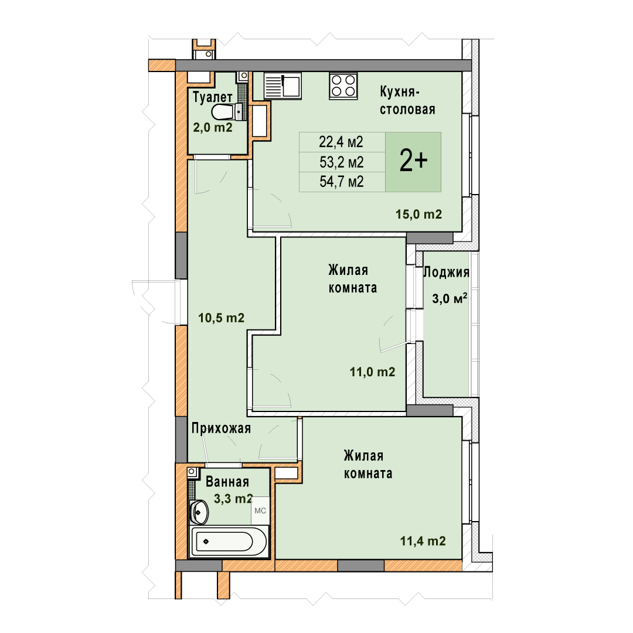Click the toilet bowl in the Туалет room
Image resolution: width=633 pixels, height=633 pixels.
click(x=226, y=112)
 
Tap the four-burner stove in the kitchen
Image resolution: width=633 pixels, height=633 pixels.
click(x=343, y=86)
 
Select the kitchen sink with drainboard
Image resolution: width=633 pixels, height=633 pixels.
click(x=283, y=86)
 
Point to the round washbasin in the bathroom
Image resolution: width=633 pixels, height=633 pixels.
click(x=199, y=512)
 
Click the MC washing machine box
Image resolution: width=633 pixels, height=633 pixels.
click(x=260, y=511)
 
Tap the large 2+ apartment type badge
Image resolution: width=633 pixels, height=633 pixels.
click(x=413, y=162)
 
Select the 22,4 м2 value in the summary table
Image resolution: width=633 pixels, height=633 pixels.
click(x=341, y=142)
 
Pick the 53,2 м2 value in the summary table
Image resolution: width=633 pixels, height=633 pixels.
click(x=342, y=162)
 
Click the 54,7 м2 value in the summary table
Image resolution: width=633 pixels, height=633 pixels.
click(x=342, y=182)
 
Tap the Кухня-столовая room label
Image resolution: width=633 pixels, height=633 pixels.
click(x=407, y=101)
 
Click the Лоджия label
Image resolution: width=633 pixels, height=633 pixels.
click(x=446, y=273)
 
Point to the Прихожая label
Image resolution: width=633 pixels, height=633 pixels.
click(x=221, y=428)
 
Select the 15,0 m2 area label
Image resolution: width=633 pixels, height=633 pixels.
click(x=418, y=215)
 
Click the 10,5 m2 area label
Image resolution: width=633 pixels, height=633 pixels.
click(x=221, y=318)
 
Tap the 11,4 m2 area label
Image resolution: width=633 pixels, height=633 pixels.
click(x=423, y=541)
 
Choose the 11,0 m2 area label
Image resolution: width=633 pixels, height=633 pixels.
click(x=372, y=372)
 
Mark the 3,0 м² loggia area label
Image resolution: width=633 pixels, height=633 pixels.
click(x=450, y=299)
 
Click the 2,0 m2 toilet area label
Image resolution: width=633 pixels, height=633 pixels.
click(x=213, y=128)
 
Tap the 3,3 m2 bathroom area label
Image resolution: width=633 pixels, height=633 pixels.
click(x=233, y=499)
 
